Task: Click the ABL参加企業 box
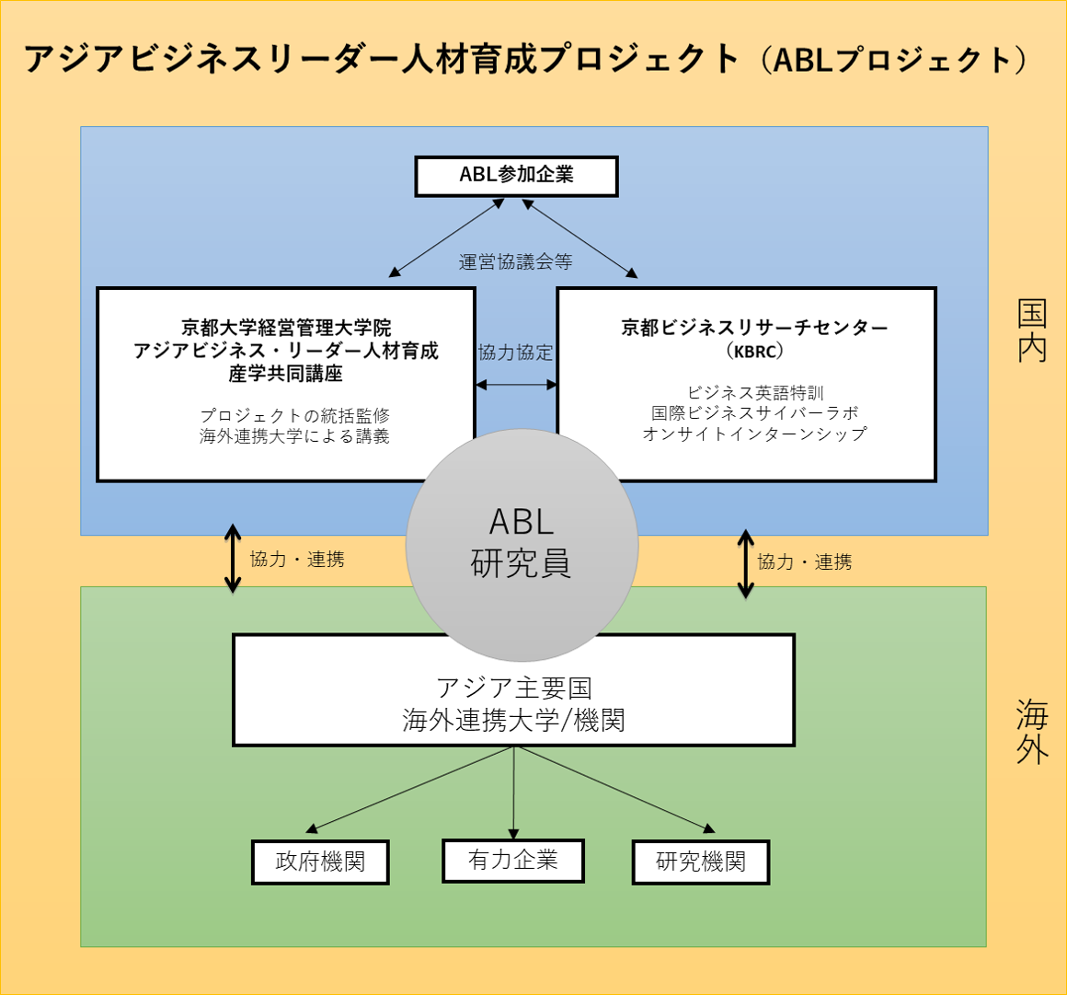click(x=517, y=177)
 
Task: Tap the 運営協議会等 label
click(x=515, y=261)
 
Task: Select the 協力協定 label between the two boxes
click(x=515, y=353)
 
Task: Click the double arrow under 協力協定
click(x=516, y=385)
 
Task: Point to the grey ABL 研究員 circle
click(x=522, y=545)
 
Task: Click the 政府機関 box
click(x=320, y=862)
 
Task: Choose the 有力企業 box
click(x=513, y=860)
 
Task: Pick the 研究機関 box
click(x=701, y=862)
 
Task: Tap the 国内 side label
click(x=1032, y=330)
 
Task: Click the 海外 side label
click(x=1032, y=732)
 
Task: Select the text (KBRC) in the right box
click(x=754, y=352)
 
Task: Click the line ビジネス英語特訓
click(x=754, y=392)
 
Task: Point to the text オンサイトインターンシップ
click(x=754, y=434)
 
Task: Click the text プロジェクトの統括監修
click(x=294, y=415)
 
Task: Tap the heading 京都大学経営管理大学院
click(x=286, y=328)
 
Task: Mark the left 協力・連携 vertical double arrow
click(x=233, y=559)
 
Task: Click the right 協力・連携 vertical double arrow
click(x=746, y=564)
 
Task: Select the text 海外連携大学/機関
click(x=514, y=720)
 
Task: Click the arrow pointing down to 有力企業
click(x=514, y=793)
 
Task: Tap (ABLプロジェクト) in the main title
click(x=893, y=60)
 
